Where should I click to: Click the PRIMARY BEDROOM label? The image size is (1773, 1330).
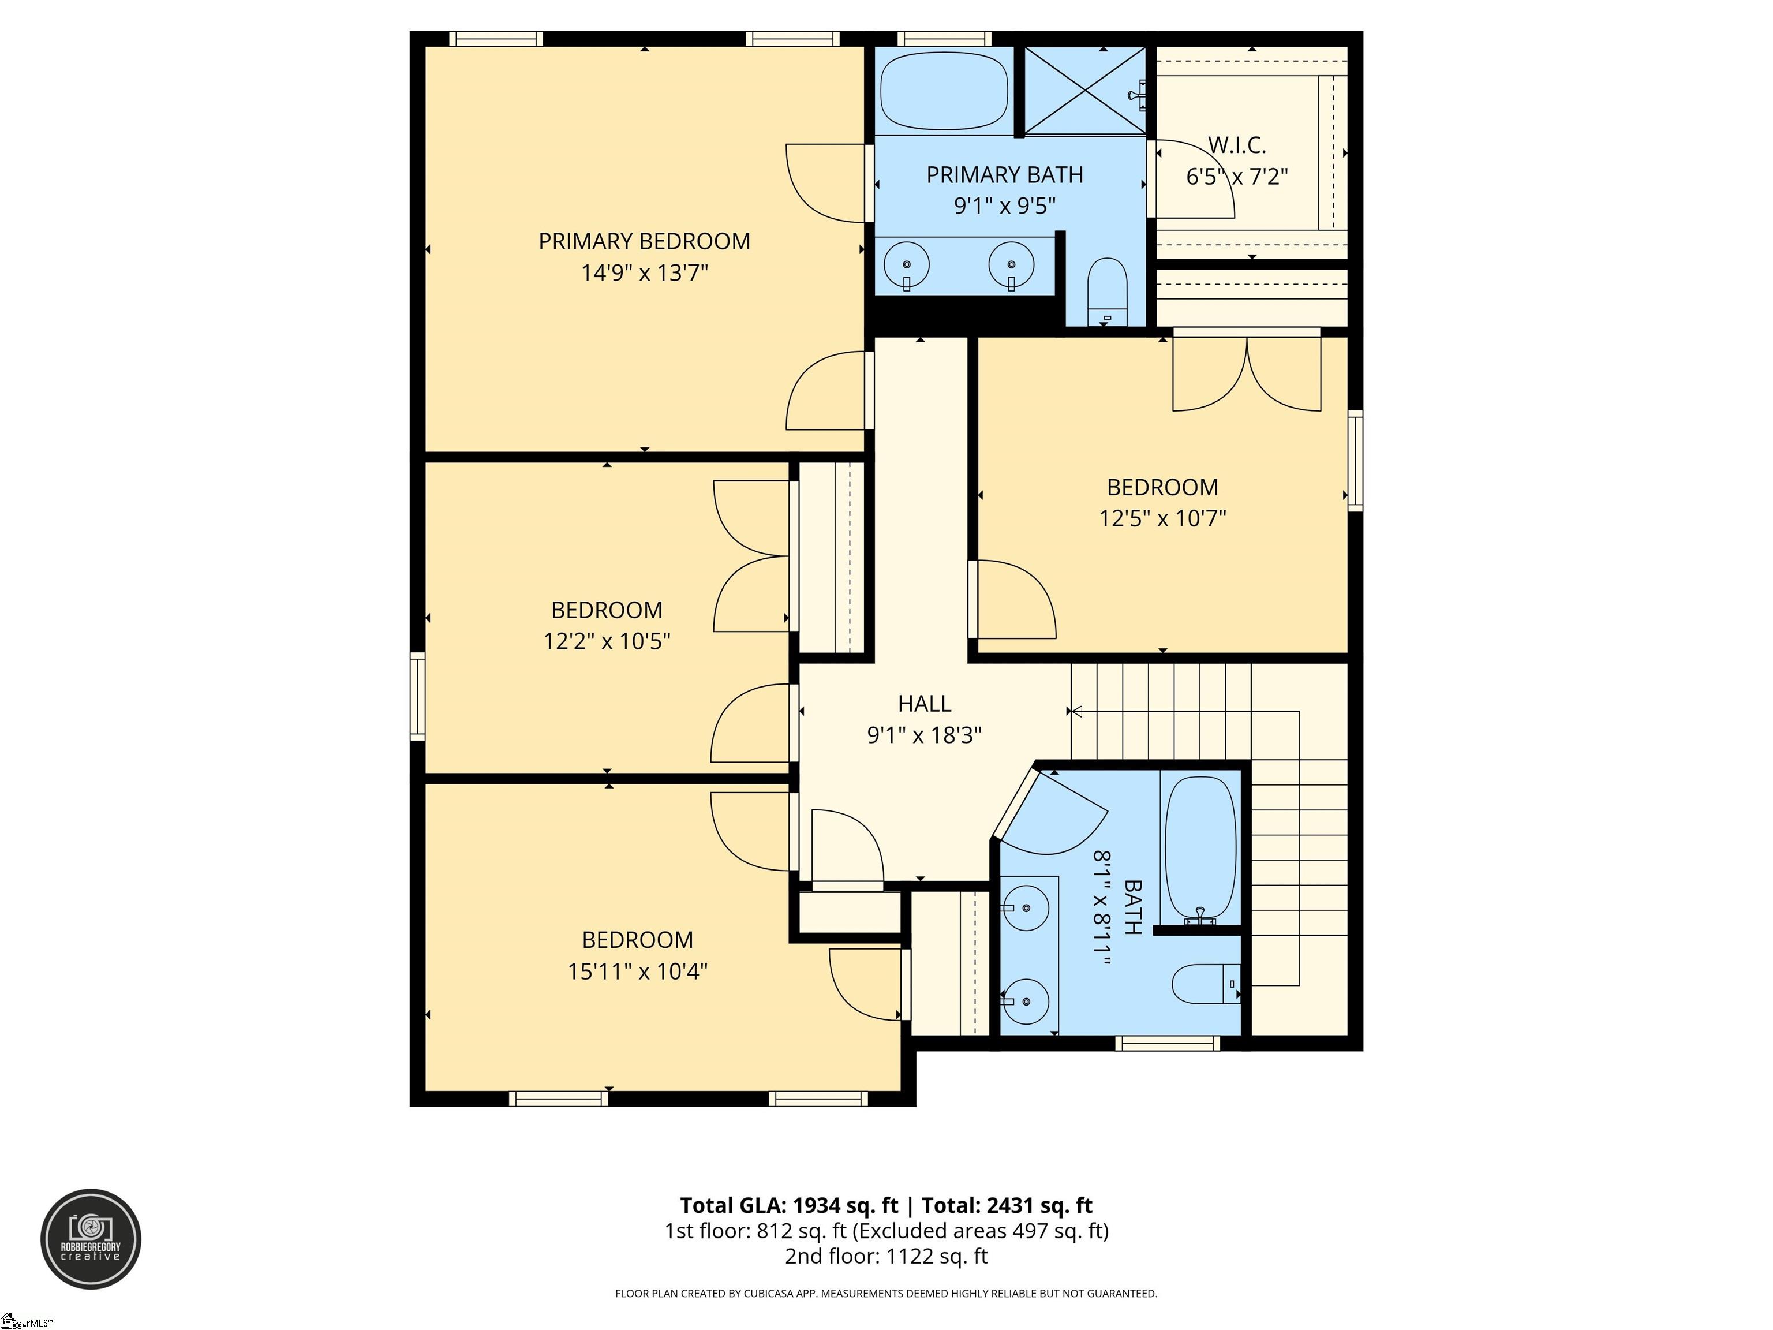(x=645, y=241)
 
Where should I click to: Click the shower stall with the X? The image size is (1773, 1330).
(x=1085, y=90)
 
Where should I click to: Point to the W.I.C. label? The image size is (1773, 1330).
(x=1237, y=145)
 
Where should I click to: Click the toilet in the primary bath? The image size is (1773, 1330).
(x=1108, y=291)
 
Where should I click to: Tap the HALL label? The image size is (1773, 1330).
(x=924, y=704)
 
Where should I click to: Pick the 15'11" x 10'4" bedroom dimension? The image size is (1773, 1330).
(x=637, y=972)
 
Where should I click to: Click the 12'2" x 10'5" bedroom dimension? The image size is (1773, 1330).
(x=607, y=641)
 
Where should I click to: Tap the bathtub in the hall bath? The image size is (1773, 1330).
(x=1200, y=848)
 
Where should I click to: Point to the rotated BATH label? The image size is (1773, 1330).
(x=1132, y=907)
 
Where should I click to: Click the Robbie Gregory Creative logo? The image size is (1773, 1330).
(x=91, y=1239)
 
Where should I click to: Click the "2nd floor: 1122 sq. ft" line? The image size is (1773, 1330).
(x=886, y=1256)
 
